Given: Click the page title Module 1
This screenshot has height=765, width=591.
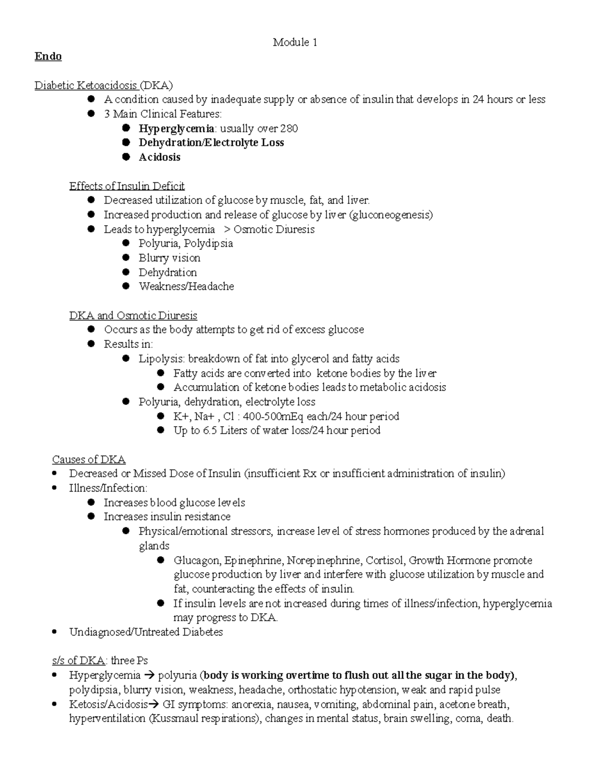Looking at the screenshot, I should (x=295, y=43).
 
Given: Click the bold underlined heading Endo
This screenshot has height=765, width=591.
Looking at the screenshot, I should (x=48, y=57).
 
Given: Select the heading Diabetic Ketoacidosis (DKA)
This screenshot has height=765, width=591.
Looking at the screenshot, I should (x=103, y=86).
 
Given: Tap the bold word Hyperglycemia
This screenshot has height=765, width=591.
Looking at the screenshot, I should (x=176, y=129).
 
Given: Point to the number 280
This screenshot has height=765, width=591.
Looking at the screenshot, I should (x=289, y=129).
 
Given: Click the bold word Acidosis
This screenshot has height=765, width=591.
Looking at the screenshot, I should (x=160, y=158).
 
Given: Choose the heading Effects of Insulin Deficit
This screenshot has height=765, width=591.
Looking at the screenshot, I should (x=127, y=186).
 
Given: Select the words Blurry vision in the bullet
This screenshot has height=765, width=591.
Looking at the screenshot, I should (x=169, y=258).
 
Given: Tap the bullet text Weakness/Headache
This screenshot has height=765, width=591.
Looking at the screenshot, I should (x=186, y=287).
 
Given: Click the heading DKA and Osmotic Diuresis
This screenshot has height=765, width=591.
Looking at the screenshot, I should (x=133, y=316).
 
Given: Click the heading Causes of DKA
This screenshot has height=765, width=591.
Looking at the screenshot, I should (x=89, y=460).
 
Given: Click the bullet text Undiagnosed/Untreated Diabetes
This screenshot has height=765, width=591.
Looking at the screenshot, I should (x=146, y=632).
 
